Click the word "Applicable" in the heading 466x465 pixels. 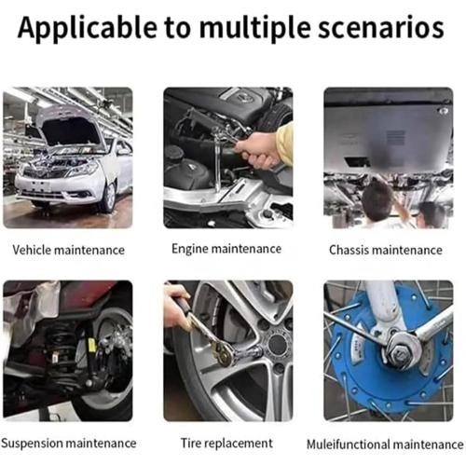tap(88, 29)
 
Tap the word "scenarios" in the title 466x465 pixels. tap(381, 28)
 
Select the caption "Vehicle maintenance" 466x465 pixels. tap(68, 250)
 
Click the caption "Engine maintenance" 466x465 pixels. tap(226, 249)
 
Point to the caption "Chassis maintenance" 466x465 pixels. tap(386, 250)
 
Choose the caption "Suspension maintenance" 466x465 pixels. tap(69, 443)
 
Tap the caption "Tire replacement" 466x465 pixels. tap(226, 443)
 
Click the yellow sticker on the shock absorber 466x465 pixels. tap(92, 345)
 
